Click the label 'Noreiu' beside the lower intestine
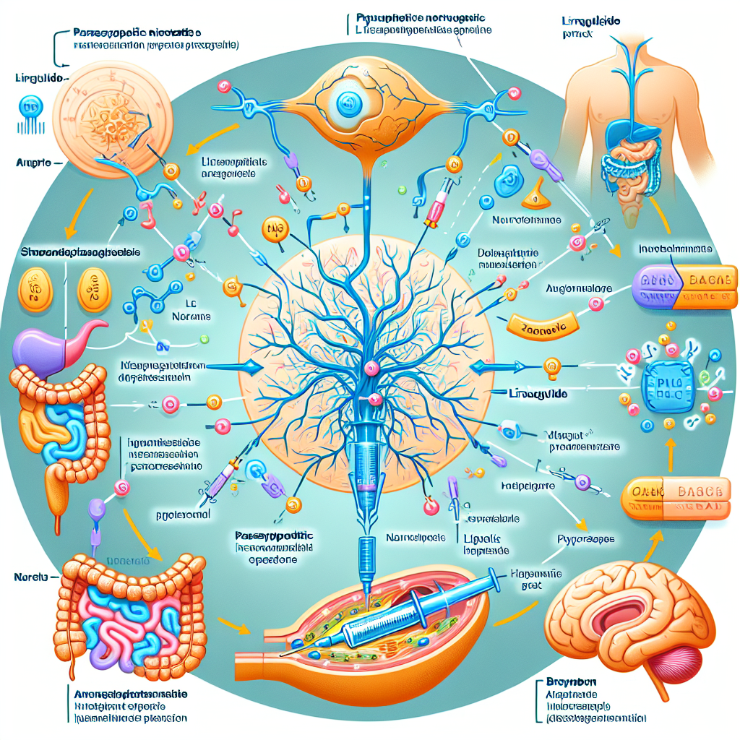point(28,577)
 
